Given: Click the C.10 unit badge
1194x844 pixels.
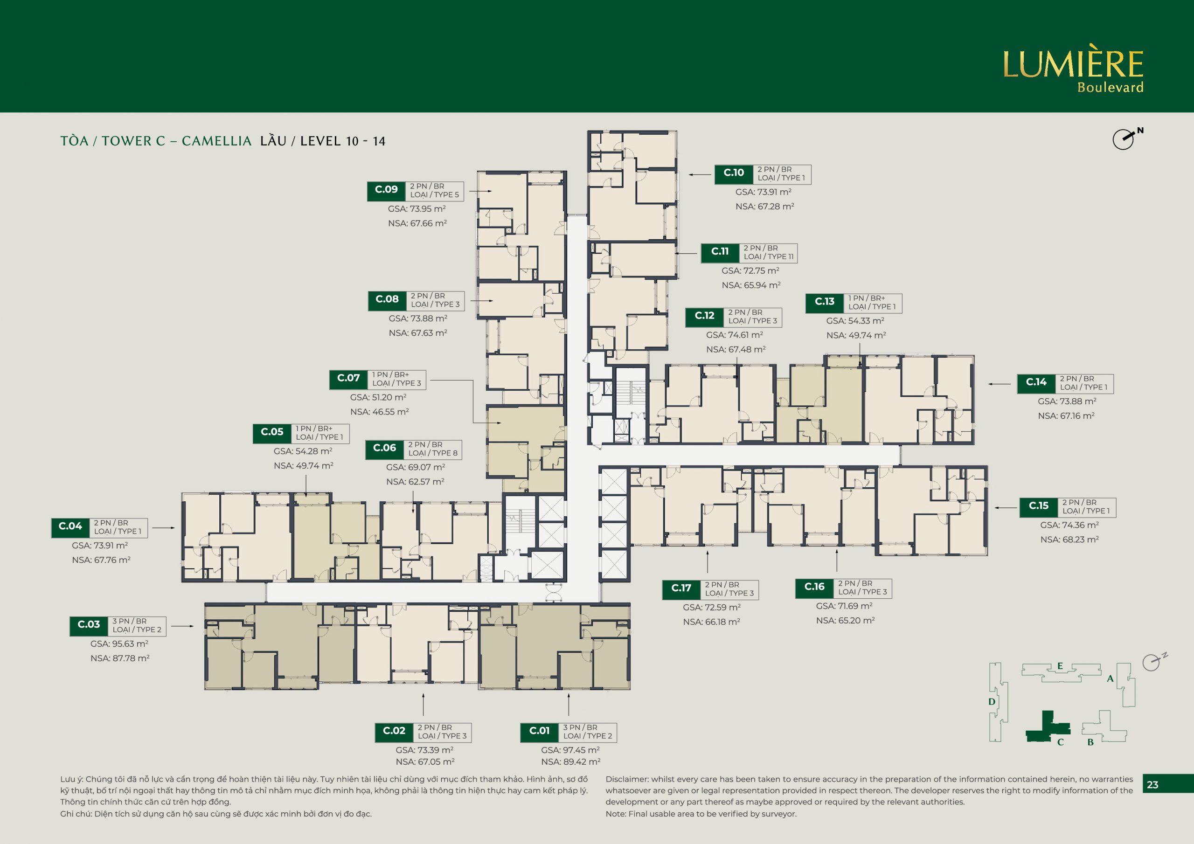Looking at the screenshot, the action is pyautogui.click(x=734, y=173).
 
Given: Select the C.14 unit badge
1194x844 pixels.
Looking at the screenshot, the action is pyautogui.click(x=1036, y=383).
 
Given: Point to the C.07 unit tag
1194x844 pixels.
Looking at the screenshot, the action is pyautogui.click(x=348, y=379).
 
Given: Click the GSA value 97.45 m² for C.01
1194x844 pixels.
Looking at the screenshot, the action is pyautogui.click(x=570, y=750).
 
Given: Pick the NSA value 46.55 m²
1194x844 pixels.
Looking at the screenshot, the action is pyautogui.click(x=380, y=412).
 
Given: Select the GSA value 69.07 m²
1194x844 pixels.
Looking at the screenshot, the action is pyautogui.click(x=416, y=467).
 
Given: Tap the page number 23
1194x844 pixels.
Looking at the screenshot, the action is pyautogui.click(x=1152, y=785).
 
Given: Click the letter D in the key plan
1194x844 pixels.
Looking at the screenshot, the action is pyautogui.click(x=992, y=701).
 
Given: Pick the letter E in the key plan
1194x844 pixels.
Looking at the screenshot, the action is pyautogui.click(x=1060, y=666).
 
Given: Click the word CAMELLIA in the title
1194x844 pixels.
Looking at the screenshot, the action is pyautogui.click(x=216, y=141).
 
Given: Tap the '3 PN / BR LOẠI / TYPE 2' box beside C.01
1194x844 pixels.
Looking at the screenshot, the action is pyautogui.click(x=588, y=732).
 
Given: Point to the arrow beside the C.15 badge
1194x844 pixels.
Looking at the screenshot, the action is pyautogui.click(x=1006, y=507).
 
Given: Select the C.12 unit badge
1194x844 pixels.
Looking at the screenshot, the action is pyautogui.click(x=705, y=316).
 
